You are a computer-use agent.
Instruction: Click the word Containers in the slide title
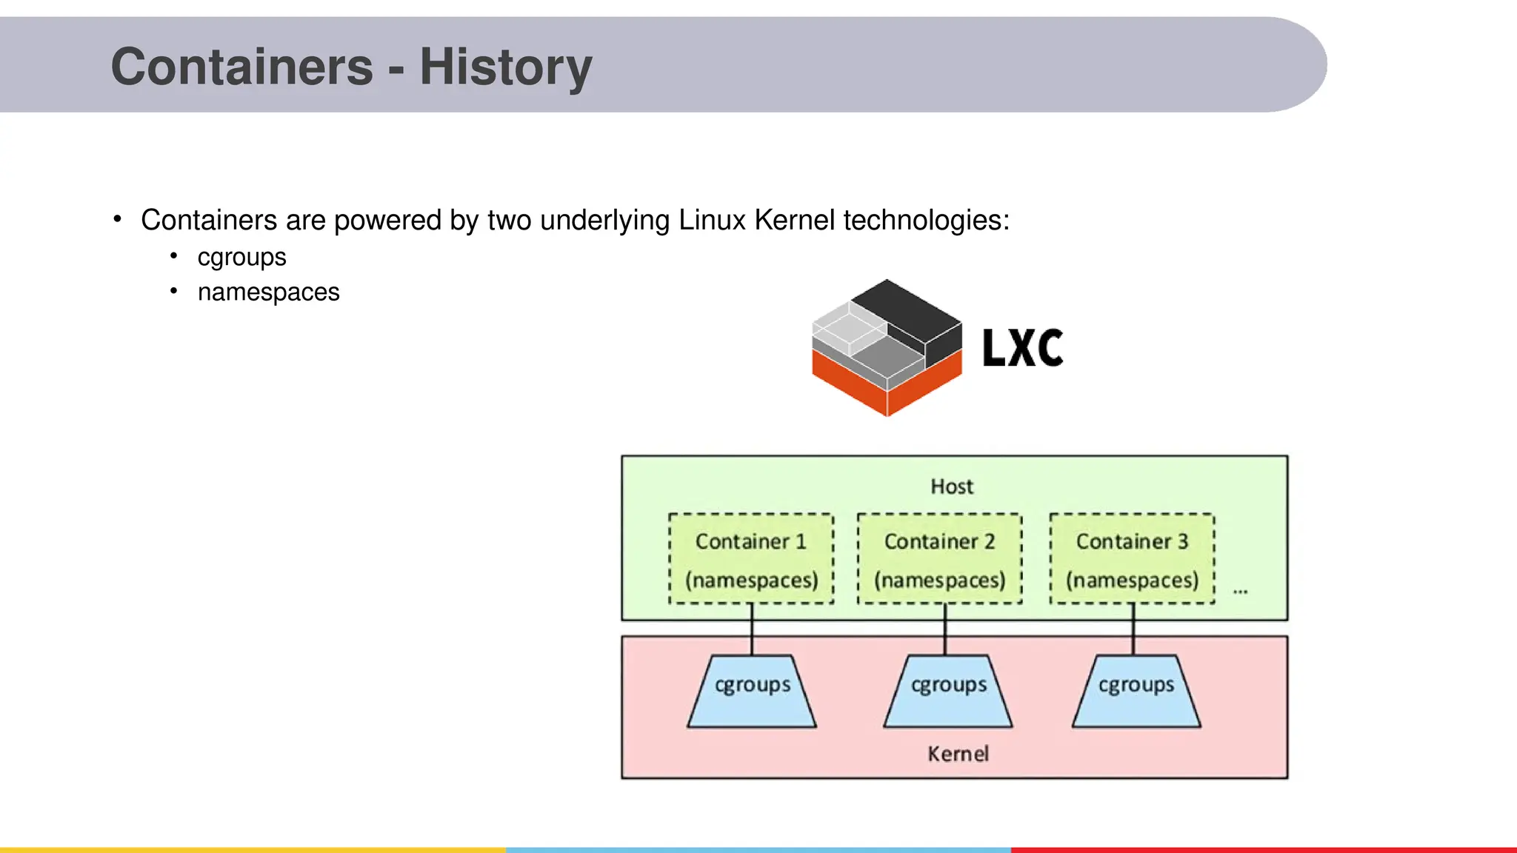point(241,67)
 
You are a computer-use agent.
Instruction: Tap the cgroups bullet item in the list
point(241,258)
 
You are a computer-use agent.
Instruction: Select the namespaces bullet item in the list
point(268,292)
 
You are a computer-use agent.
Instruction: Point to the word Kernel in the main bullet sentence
point(794,221)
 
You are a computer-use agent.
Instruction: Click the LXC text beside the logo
point(1022,348)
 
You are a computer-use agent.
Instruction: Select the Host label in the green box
point(952,486)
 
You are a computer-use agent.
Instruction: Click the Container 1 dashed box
point(751,559)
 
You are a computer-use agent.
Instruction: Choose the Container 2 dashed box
point(939,559)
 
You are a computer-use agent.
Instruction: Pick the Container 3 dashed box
point(1132,559)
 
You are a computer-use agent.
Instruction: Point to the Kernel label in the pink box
point(958,754)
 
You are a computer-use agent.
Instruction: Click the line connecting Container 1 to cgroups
point(752,629)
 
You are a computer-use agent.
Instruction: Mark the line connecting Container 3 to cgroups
point(1133,629)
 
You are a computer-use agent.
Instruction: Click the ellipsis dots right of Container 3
point(1240,592)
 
